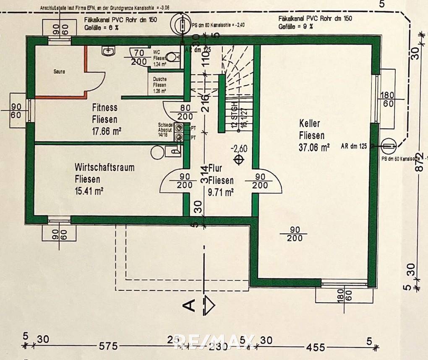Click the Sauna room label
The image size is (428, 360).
[59, 72]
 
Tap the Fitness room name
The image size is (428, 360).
[104, 108]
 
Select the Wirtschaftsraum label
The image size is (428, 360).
[104, 168]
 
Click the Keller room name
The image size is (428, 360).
[310, 124]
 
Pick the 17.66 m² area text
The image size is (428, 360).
[107, 131]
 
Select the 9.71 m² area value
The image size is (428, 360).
[221, 193]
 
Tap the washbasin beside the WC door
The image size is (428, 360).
[108, 51]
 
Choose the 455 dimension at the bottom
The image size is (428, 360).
[315, 347]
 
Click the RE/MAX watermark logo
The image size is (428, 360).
[214, 342]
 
